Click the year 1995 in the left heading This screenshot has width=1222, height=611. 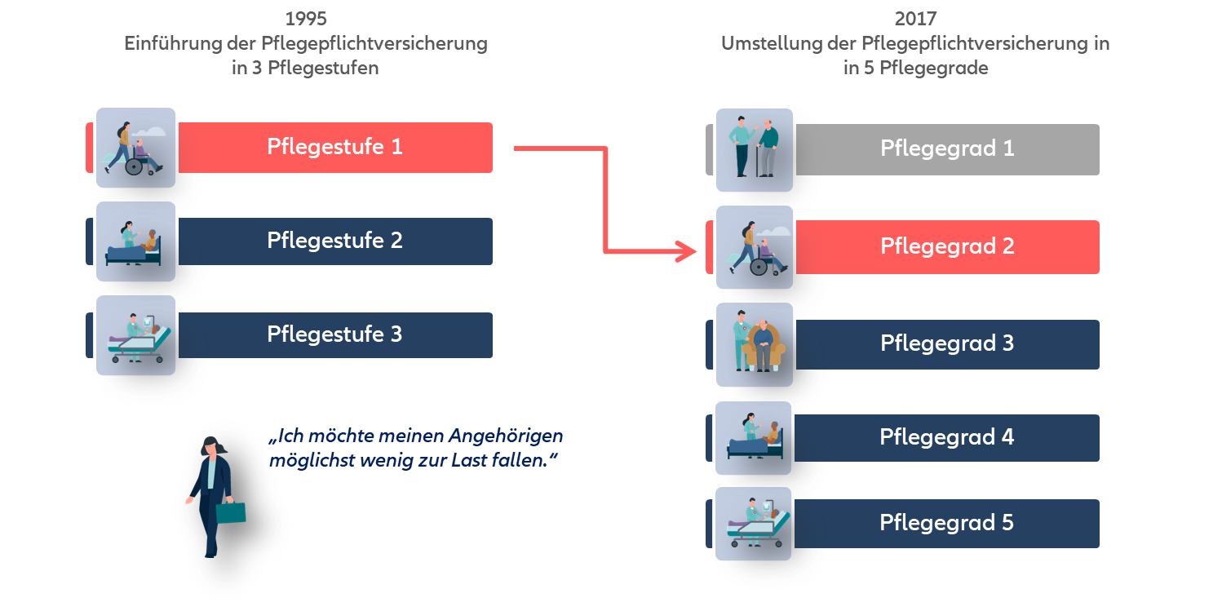tap(306, 19)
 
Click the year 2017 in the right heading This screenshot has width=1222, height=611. tap(915, 19)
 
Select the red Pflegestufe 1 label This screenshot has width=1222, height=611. tap(334, 148)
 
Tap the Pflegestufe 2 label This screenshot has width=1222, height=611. tap(334, 241)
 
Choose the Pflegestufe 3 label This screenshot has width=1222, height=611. tap(334, 335)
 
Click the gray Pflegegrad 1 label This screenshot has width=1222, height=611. tap(947, 149)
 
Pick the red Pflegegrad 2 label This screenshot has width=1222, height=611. tap(947, 247)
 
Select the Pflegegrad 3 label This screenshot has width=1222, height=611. tap(947, 344)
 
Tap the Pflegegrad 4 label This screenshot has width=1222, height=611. tap(947, 438)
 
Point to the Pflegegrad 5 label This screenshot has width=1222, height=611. tap(947, 524)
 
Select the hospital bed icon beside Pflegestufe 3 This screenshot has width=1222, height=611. tap(135, 335)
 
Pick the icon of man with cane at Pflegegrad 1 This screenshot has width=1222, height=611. tap(755, 149)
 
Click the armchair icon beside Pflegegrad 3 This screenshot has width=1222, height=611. tap(755, 344)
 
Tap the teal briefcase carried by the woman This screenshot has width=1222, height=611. tap(230, 512)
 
